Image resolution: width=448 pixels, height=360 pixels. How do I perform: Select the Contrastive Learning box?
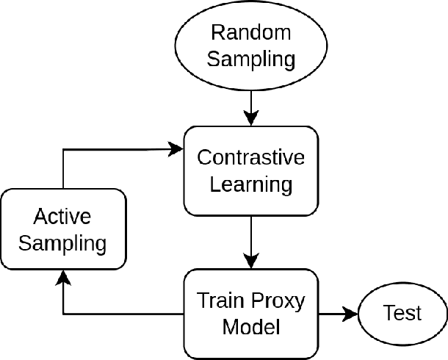click(x=251, y=171)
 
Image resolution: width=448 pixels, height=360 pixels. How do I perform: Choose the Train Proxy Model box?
click(x=251, y=313)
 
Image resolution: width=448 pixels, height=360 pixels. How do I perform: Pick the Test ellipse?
click(x=402, y=314)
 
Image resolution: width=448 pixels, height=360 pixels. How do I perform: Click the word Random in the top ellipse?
click(x=250, y=33)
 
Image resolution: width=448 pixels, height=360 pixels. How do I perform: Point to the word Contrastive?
click(x=251, y=158)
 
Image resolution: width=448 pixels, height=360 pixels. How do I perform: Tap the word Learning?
click(x=251, y=184)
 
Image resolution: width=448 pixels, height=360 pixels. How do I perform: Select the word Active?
click(x=62, y=217)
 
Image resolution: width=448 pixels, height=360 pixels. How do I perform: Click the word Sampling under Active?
click(x=62, y=243)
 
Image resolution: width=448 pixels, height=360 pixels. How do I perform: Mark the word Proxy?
click(x=278, y=300)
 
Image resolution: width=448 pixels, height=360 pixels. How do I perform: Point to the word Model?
click(x=251, y=326)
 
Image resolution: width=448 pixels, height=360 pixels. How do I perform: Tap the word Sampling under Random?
click(x=250, y=60)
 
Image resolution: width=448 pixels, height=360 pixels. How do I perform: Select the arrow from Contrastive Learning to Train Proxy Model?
click(x=251, y=242)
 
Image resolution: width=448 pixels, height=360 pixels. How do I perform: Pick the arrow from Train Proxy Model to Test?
click(x=338, y=314)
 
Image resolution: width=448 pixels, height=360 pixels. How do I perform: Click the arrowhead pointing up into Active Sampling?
click(x=63, y=278)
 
